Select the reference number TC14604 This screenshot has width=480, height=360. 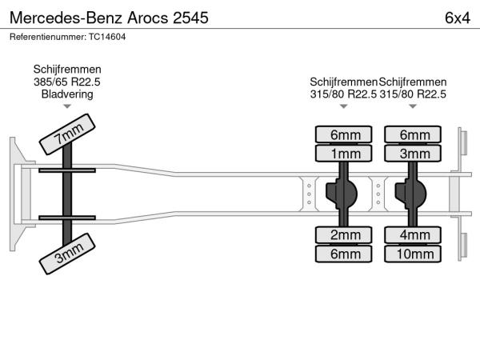pos(67,37)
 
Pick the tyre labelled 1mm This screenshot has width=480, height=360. pos(344,154)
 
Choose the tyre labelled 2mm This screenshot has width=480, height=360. pos(344,234)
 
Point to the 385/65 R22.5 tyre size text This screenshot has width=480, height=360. pos(67,82)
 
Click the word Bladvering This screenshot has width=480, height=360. pos(67,94)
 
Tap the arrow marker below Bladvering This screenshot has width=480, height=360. pos(67,106)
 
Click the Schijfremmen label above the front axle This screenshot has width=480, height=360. pos(67,70)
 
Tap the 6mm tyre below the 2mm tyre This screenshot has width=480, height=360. pos(344,254)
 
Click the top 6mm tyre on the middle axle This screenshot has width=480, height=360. pos(344,134)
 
